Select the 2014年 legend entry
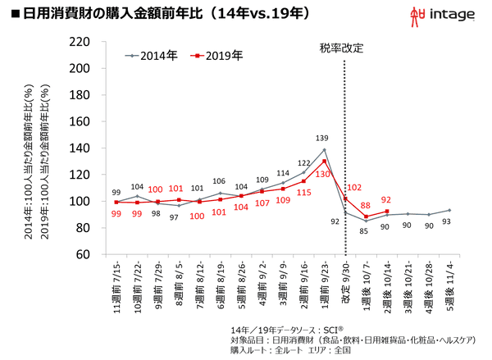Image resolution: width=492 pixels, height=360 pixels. tap(154, 57)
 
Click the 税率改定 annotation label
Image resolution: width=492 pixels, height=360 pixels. tap(342, 48)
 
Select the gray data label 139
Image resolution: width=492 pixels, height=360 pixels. tap(324, 139)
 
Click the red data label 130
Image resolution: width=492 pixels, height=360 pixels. tap(323, 174)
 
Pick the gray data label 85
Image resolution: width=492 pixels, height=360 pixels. tap(366, 232)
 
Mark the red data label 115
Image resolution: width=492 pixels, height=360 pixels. tap(303, 193)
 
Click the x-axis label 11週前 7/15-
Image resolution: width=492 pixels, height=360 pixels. tap(117, 287)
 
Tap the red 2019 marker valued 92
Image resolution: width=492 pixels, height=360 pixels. tap(386, 212)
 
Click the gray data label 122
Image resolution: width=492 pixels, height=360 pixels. tap(303, 163)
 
